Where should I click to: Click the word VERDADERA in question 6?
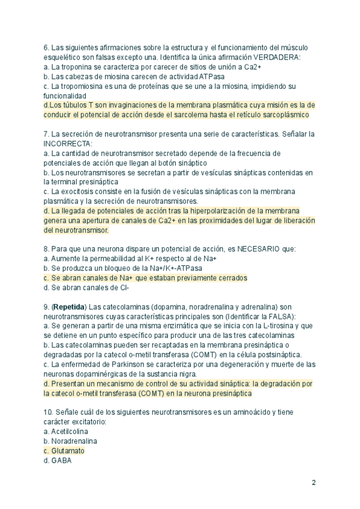[278, 57]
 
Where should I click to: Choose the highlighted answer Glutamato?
[68, 451]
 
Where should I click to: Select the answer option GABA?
[61, 460]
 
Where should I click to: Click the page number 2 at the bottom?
[313, 483]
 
